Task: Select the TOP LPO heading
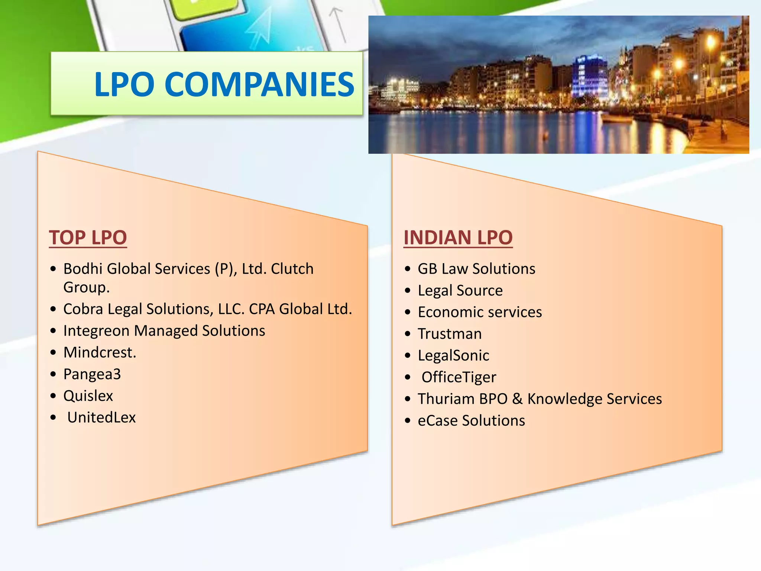coord(88,238)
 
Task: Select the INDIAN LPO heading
coord(458,238)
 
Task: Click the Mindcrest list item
coord(100,352)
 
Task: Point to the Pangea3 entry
coord(92,374)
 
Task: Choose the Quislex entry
coord(88,396)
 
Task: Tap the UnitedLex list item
coord(101,417)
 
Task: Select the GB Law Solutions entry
coord(476,269)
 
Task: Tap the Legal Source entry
coord(460,290)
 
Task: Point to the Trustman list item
coord(450,334)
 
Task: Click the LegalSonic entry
coord(453,356)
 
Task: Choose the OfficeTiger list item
coord(459,377)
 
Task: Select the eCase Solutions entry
coord(471,421)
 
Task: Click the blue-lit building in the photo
coord(590,76)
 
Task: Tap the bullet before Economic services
coord(408,312)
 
